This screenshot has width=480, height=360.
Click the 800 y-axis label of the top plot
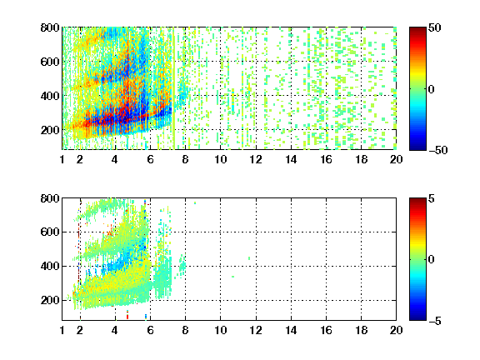pos(50,27)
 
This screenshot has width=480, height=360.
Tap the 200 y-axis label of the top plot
pos(50,130)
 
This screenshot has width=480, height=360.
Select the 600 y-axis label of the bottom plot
pos(50,232)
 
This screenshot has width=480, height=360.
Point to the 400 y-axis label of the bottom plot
pos(50,266)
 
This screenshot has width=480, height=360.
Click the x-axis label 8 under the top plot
pos(185,159)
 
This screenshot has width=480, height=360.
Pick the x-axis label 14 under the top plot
pos(291,159)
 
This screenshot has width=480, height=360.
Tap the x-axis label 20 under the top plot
pos(396,159)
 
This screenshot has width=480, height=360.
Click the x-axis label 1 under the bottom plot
pos(62,330)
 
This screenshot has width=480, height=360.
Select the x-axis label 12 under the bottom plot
pos(256,330)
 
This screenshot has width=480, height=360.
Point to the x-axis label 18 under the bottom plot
pos(361,330)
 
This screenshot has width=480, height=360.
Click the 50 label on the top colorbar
pos(435,27)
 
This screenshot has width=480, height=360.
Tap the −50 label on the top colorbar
pos(438,150)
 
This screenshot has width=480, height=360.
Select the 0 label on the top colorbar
pos(432,89)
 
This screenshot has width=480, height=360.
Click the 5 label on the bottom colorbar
pos(432,198)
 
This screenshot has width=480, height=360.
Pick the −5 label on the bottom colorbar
pos(435,321)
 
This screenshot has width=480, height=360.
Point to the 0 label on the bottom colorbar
pos(432,260)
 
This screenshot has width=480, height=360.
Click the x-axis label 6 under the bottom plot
pos(150,330)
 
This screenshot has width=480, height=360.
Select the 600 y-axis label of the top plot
pos(50,62)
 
